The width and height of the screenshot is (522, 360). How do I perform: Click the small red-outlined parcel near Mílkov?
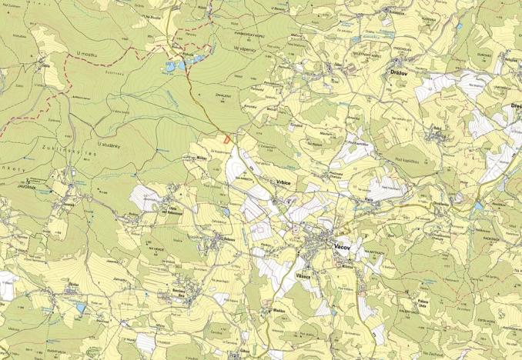pos(226,139)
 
